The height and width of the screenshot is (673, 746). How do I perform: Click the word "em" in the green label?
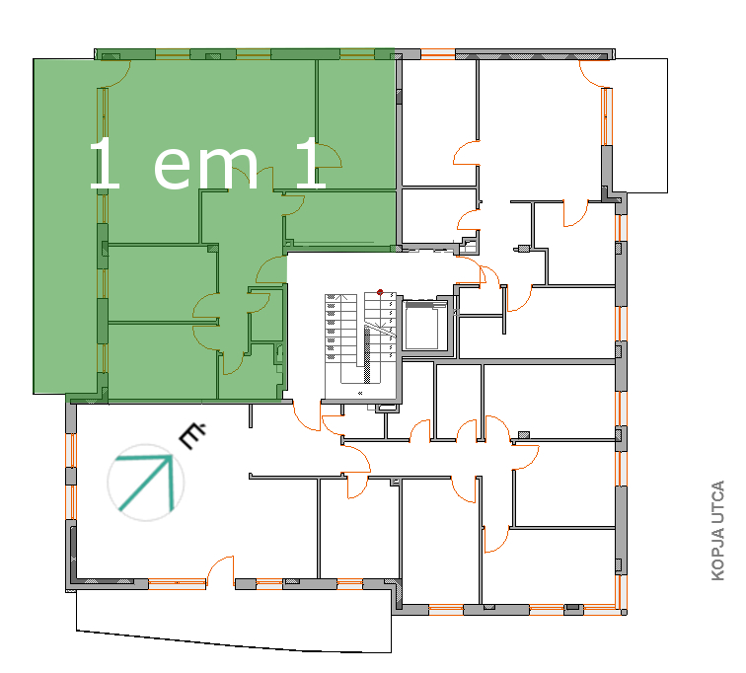click(x=205, y=167)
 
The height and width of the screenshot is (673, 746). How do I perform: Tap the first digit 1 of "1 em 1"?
click(x=105, y=163)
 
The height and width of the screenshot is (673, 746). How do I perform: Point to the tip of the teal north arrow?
click(x=172, y=456)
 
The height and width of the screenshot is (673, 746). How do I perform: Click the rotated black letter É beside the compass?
click(x=192, y=435)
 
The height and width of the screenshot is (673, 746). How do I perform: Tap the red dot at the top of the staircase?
click(x=380, y=292)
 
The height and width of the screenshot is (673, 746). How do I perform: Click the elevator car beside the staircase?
click(x=421, y=329)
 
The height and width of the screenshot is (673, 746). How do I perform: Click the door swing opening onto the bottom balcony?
click(x=221, y=569)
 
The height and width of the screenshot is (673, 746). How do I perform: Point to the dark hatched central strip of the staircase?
click(x=367, y=354)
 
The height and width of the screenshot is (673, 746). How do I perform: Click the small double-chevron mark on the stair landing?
click(x=360, y=393)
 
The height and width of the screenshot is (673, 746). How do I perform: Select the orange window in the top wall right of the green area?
click(x=438, y=53)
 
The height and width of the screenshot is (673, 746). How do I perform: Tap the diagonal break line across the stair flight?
click(x=380, y=329)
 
